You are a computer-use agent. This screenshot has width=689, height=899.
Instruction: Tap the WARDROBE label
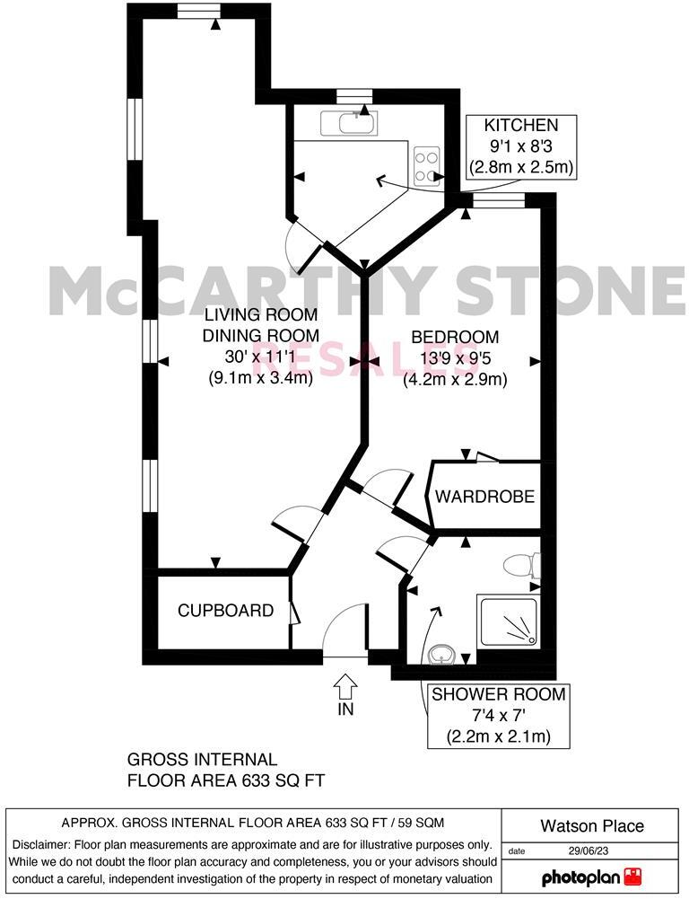click(x=485, y=497)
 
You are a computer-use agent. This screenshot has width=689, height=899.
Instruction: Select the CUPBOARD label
click(x=225, y=611)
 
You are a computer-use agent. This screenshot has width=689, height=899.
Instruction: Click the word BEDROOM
click(x=455, y=338)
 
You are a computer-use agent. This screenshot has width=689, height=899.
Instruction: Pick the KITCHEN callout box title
click(x=521, y=126)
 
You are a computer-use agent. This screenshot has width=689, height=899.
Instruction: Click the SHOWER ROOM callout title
click(x=499, y=694)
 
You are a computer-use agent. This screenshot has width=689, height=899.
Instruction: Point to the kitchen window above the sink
click(x=354, y=93)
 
